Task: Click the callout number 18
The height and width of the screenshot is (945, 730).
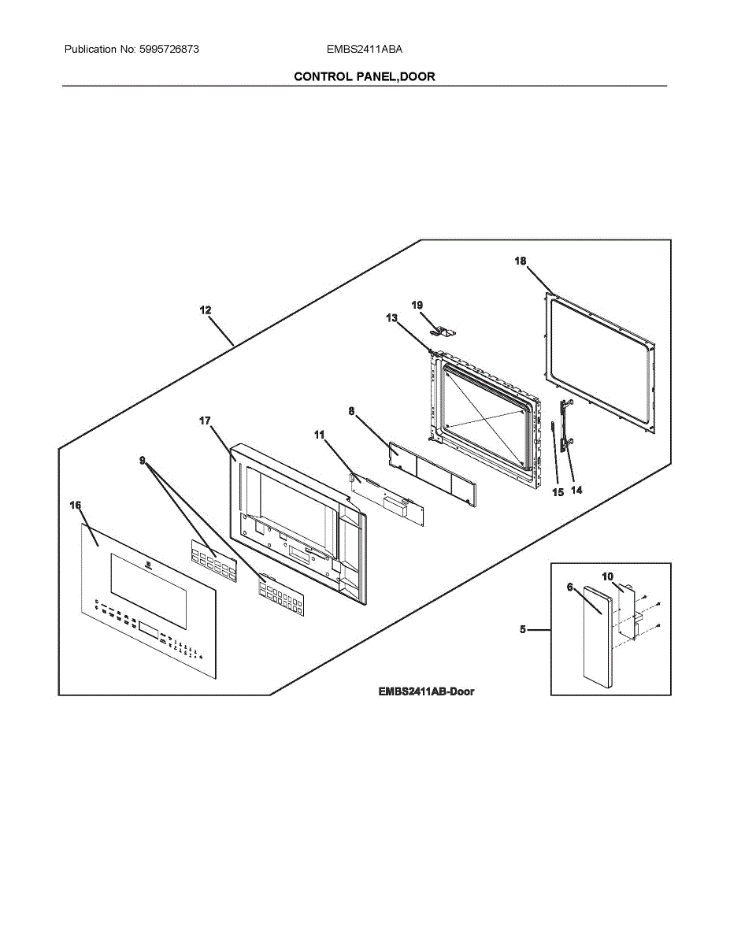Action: [521, 261]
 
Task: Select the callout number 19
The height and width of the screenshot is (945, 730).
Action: [417, 304]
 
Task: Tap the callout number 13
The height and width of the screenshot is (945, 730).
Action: [392, 317]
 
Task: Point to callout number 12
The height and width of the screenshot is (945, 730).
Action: [206, 310]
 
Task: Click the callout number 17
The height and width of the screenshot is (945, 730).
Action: [206, 421]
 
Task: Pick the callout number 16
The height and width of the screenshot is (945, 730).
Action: [76, 505]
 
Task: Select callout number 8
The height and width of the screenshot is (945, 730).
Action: [351, 410]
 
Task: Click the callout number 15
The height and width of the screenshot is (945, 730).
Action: [558, 493]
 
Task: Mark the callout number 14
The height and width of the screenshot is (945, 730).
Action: [576, 490]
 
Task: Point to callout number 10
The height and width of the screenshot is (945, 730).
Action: [607, 576]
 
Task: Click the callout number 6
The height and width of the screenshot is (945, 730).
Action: [569, 587]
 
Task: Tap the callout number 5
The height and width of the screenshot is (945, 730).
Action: [524, 630]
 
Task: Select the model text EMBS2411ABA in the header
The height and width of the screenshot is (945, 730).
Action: [365, 49]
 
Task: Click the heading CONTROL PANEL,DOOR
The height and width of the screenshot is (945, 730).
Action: [365, 76]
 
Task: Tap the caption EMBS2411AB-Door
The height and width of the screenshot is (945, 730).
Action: [426, 691]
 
